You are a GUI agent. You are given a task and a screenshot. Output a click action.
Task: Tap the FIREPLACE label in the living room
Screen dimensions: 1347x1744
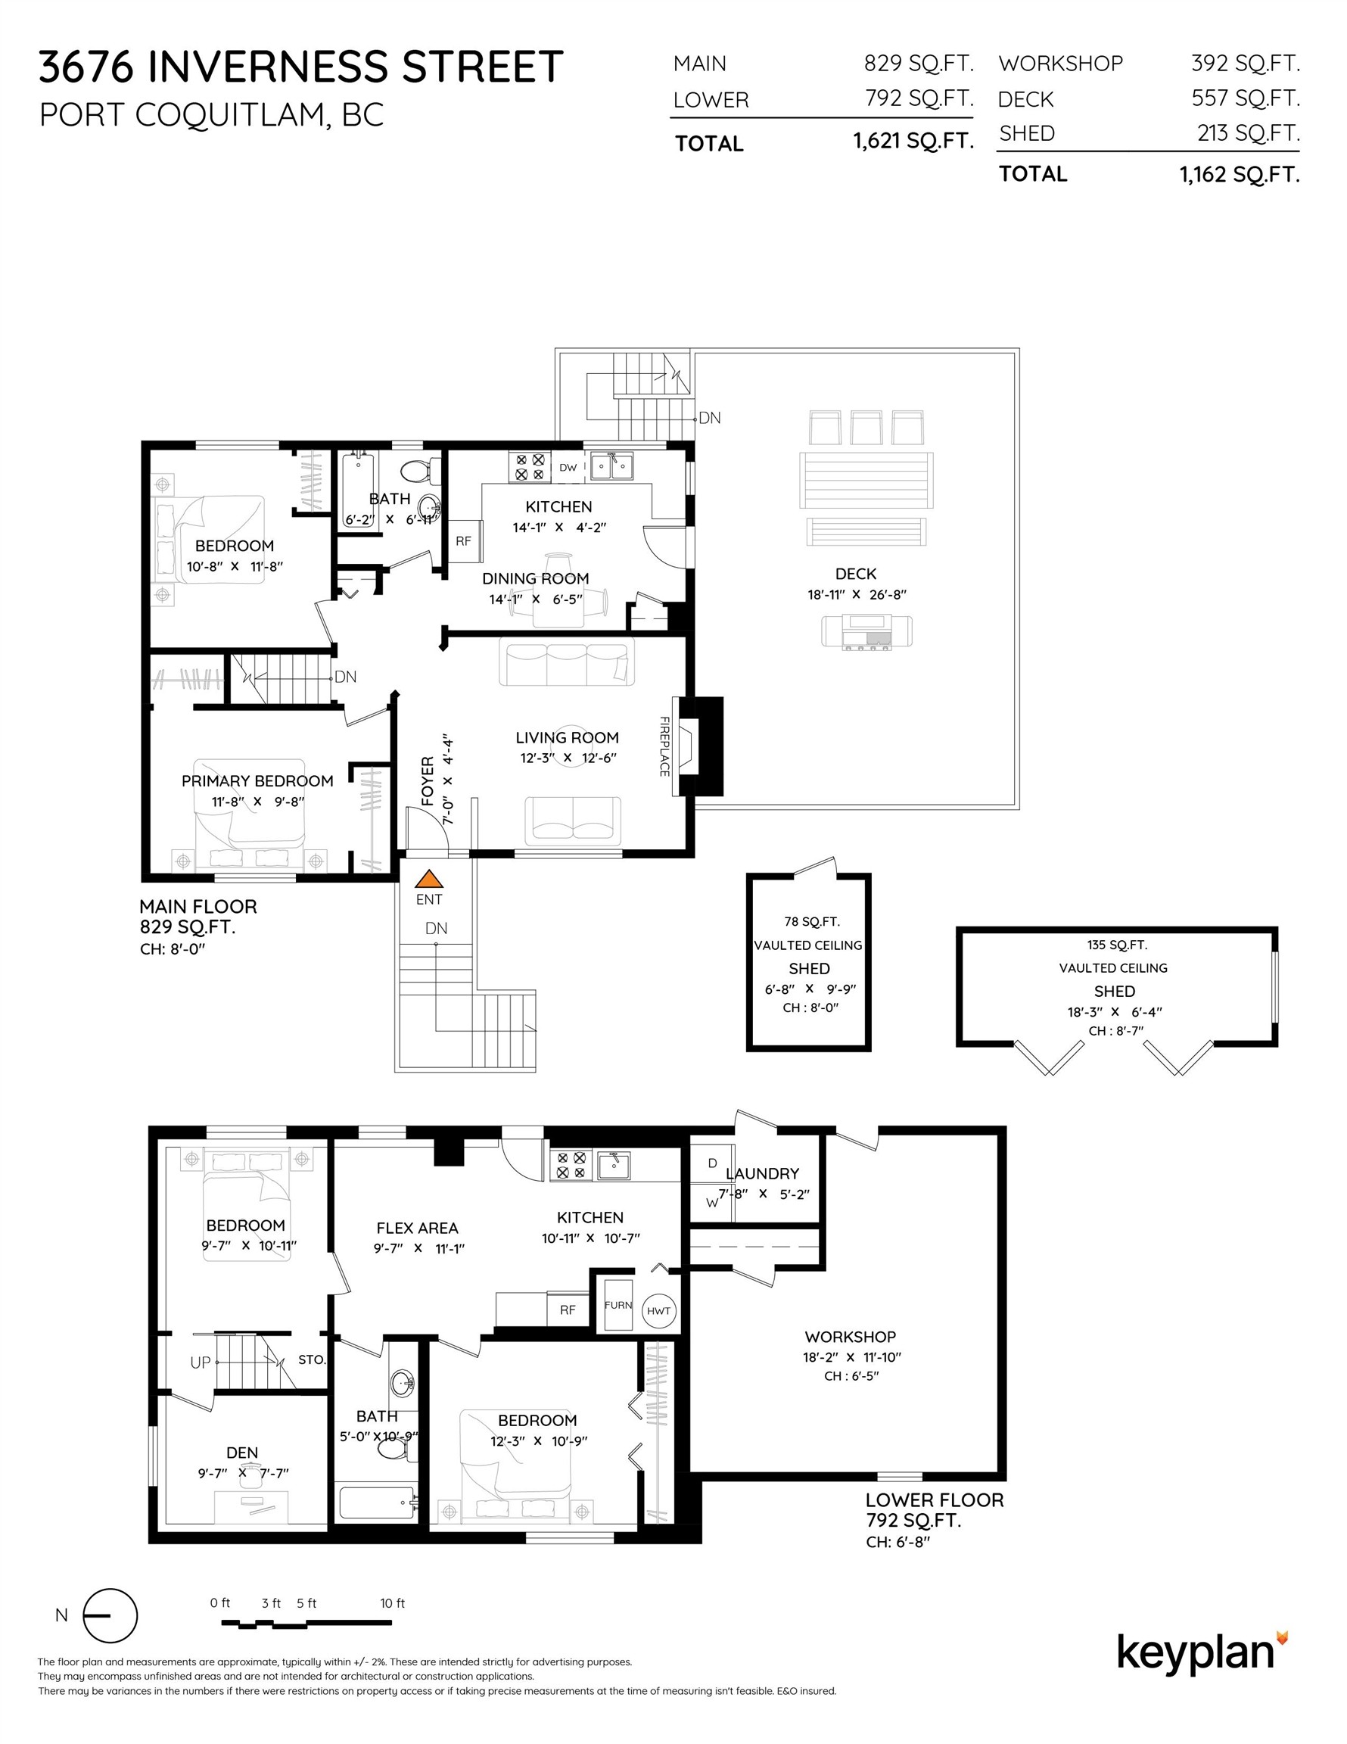(x=664, y=746)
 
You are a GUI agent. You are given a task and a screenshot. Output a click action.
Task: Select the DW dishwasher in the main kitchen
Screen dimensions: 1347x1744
(x=568, y=467)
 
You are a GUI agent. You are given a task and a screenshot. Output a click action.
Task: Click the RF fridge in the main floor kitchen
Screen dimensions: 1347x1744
(x=464, y=540)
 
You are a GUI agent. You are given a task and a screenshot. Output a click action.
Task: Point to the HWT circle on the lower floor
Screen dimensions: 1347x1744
(x=658, y=1310)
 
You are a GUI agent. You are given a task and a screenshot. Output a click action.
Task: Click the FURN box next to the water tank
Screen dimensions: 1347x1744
(x=618, y=1305)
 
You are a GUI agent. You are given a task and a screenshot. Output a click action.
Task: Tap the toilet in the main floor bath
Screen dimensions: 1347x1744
(x=418, y=470)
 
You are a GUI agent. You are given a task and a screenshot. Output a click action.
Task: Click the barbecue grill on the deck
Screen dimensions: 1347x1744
(x=866, y=631)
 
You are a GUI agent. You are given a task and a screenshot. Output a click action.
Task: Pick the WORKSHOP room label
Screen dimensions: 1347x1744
(x=851, y=1337)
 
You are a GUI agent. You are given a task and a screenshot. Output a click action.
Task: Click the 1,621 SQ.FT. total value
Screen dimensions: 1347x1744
(x=913, y=142)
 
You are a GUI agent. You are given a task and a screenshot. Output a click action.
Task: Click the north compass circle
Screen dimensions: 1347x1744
(x=110, y=1615)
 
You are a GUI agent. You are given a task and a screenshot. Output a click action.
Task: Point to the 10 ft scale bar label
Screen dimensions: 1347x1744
(x=392, y=1602)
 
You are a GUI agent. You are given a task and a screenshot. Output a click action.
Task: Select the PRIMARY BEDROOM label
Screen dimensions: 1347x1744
(x=257, y=781)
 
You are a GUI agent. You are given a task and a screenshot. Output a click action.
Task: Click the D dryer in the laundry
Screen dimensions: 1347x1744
(x=712, y=1163)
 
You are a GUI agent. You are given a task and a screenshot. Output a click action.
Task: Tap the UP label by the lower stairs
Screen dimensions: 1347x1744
(x=201, y=1362)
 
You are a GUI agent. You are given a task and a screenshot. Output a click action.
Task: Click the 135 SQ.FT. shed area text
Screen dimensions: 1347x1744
(x=1117, y=945)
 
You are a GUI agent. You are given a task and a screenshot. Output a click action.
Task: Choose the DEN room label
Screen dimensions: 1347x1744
(x=242, y=1453)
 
